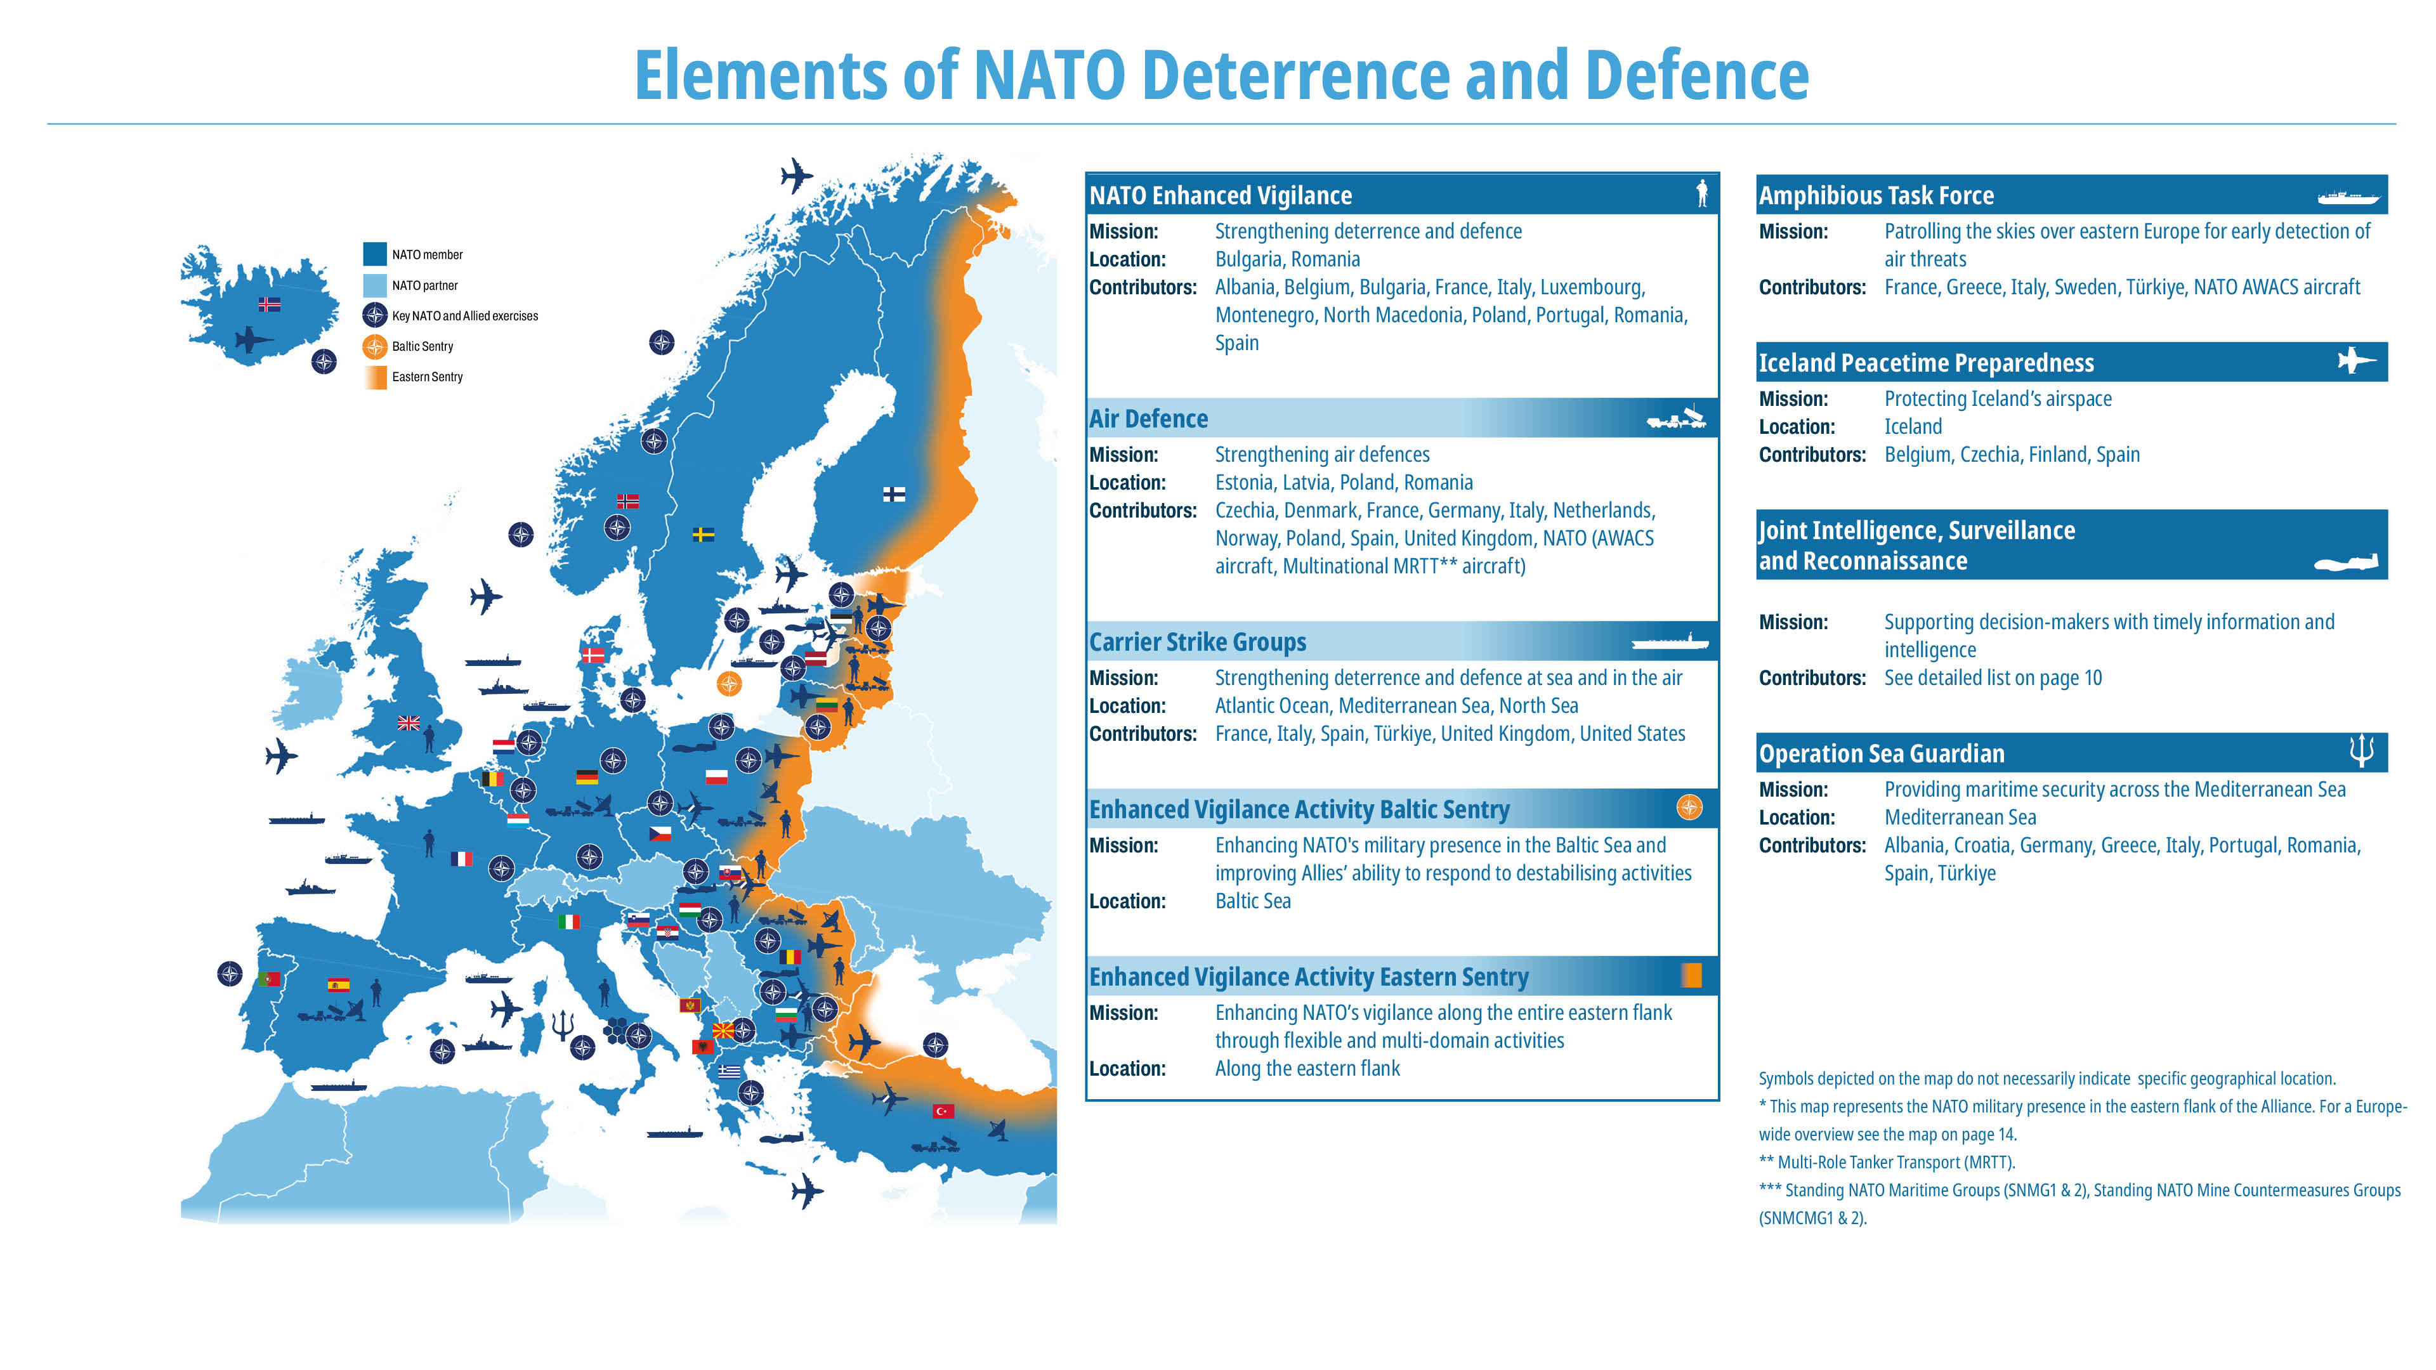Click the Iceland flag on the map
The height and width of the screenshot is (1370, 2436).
(270, 304)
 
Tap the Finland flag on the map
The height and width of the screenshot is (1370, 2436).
(894, 493)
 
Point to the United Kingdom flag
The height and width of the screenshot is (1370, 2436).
(409, 723)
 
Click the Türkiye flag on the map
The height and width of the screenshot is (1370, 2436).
(943, 1111)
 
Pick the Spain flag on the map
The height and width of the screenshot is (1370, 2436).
(337, 984)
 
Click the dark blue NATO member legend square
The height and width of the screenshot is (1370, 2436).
(374, 254)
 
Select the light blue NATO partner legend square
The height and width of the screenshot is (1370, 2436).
(374, 285)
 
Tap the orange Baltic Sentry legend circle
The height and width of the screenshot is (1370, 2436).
(374, 346)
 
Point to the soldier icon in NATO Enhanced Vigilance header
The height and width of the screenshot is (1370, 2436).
(1701, 194)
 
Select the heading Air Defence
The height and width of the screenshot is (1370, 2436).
(1148, 419)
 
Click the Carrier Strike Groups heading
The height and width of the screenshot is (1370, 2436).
(1197, 642)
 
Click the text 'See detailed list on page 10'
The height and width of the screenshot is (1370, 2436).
(1993, 678)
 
